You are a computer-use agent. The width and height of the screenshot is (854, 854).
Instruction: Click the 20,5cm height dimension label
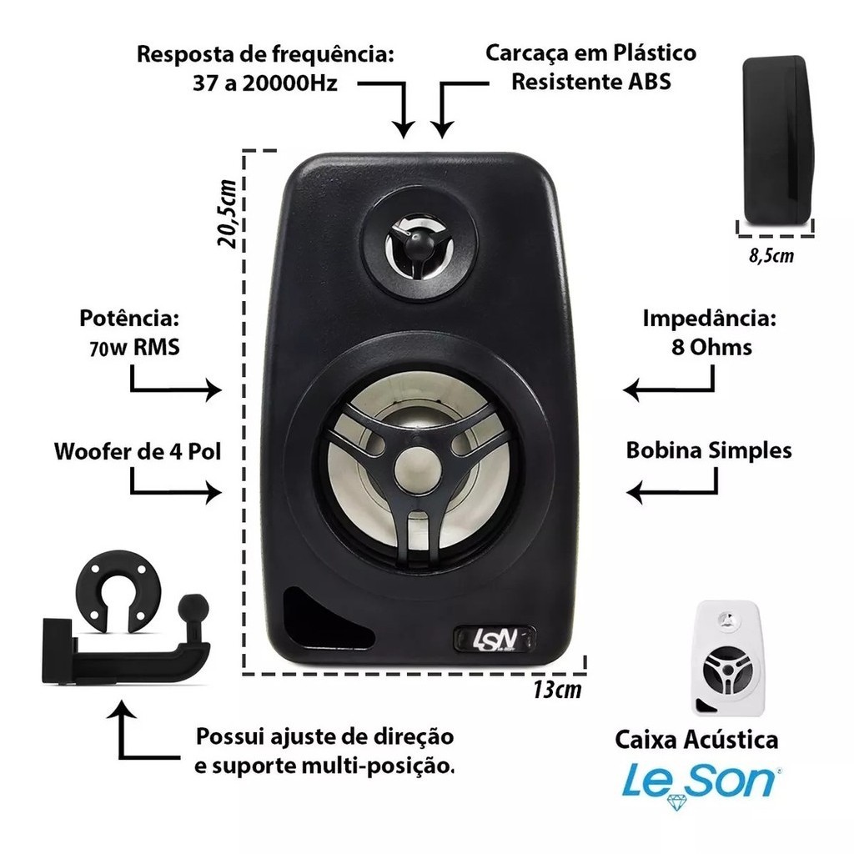click(x=227, y=213)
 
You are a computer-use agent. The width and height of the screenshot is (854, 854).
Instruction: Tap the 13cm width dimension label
click(x=557, y=690)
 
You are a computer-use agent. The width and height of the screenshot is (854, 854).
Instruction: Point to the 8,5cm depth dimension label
click(x=771, y=255)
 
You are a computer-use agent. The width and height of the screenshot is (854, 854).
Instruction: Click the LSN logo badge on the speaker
click(x=495, y=639)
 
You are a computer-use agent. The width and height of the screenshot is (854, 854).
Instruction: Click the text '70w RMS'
click(x=134, y=347)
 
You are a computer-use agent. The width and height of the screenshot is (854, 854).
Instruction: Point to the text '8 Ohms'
click(x=711, y=347)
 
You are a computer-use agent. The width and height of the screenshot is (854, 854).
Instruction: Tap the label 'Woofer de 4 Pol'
click(x=138, y=451)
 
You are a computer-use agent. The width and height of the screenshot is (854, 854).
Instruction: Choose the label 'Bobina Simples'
click(x=709, y=450)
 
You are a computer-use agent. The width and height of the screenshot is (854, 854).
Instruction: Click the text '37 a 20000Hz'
click(x=265, y=83)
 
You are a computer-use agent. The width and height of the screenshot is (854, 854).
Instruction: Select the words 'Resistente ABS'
click(x=591, y=82)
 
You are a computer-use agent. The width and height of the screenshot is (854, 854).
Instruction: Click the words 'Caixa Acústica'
click(x=696, y=740)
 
